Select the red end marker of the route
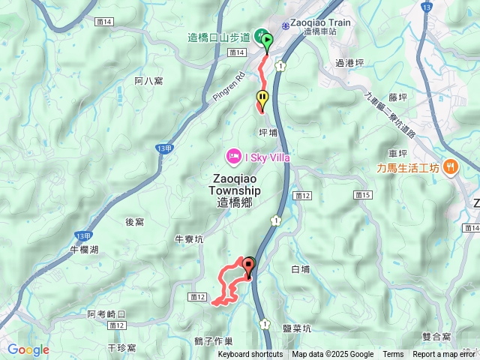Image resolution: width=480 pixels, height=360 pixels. [249, 265]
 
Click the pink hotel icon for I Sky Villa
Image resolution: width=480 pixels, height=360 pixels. [233, 156]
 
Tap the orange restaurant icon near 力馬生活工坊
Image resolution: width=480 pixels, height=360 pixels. [450, 167]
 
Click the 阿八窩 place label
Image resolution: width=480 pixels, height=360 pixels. [149, 80]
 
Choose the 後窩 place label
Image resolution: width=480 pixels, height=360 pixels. [135, 222]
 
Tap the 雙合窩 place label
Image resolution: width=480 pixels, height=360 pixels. [436, 337]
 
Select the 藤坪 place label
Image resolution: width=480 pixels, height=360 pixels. [397, 97]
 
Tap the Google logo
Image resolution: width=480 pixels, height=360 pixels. [28, 349]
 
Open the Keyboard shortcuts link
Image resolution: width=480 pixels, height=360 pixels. [250, 355]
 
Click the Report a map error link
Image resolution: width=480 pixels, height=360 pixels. [445, 355]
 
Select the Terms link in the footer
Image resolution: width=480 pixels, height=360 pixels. [393, 355]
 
